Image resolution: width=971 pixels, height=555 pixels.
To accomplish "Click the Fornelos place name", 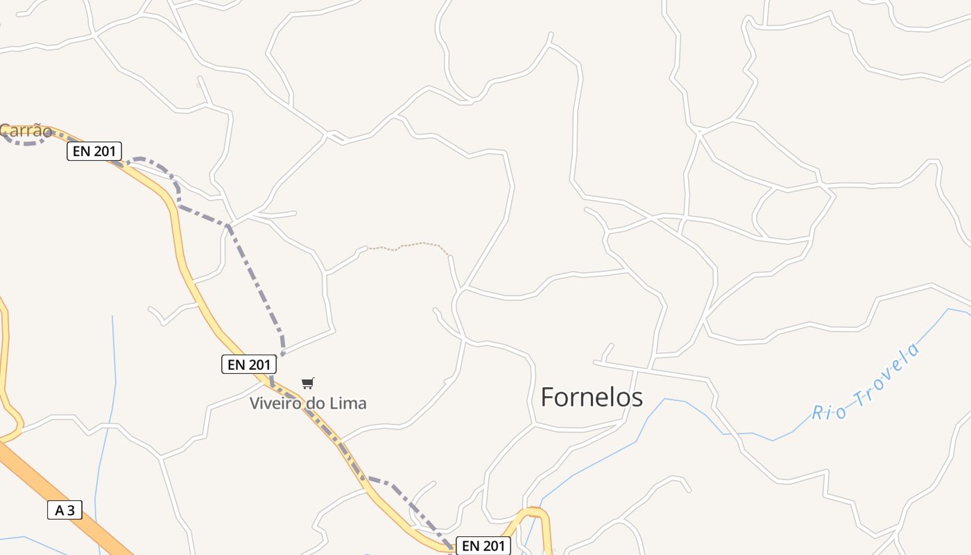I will [x=591, y=398].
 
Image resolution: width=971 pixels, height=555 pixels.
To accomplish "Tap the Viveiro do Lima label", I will [x=308, y=403].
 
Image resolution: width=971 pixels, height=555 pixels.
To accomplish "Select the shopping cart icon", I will [x=308, y=383].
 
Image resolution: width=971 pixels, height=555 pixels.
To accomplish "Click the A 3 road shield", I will [x=65, y=511].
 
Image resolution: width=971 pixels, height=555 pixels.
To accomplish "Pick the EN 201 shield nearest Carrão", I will [x=94, y=151].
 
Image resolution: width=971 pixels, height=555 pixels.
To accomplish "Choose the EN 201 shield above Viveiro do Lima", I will [x=249, y=364].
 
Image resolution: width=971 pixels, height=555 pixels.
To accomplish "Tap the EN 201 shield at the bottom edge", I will [x=483, y=546].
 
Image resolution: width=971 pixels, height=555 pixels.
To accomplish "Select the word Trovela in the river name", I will [x=887, y=375].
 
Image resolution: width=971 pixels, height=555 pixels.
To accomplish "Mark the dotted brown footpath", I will [x=409, y=244].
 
